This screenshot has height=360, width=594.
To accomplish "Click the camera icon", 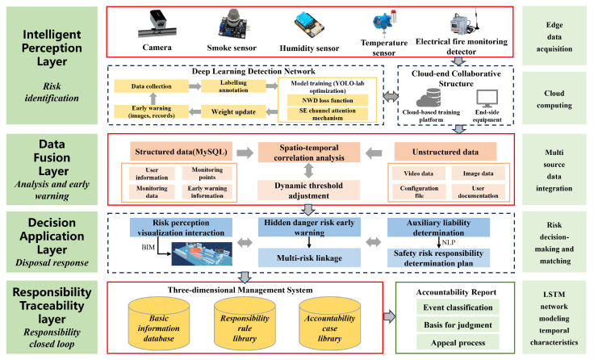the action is (157, 24).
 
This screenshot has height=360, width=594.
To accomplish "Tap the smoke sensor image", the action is (232, 24).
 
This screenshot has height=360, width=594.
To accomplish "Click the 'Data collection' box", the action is (152, 86).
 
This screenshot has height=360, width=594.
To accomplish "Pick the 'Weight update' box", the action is (233, 111).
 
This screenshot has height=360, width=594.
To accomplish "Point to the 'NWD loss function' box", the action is (328, 100).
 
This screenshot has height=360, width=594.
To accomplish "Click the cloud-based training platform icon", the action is (429, 98).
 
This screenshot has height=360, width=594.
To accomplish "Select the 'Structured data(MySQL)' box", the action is (181, 152).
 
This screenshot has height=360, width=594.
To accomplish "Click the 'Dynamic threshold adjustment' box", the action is (309, 190).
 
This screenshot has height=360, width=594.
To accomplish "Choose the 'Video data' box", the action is (418, 174).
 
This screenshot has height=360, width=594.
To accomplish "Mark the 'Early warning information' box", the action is (207, 192).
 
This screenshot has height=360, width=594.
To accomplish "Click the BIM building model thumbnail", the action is (202, 254).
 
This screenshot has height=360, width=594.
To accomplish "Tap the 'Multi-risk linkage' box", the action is (309, 257).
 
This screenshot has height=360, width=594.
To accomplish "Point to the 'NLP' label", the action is (449, 242).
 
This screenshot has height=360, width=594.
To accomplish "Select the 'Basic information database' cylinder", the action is (159, 323).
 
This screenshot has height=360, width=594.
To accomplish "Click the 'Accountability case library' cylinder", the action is (329, 323).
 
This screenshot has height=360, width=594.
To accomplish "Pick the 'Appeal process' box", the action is (458, 342).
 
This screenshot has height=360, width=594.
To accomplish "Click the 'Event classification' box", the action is (458, 308).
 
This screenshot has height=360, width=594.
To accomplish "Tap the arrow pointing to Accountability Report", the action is (389, 316).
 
